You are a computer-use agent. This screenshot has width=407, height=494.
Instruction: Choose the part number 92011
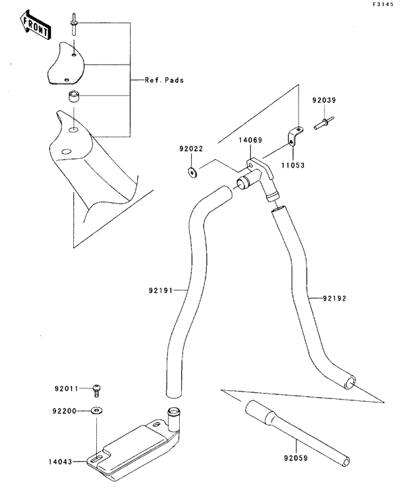[x=66, y=389]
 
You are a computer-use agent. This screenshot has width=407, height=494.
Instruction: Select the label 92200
[x=67, y=411]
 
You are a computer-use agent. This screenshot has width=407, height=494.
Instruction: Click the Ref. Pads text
[x=163, y=79]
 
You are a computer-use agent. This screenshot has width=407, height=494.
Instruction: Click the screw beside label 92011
[x=98, y=389]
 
